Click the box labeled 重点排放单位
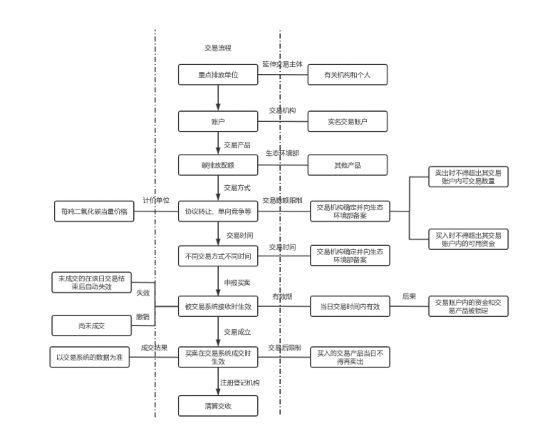click(x=218, y=75)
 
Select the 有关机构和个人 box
click(x=348, y=75)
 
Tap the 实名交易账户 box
click(x=348, y=122)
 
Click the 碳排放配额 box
click(x=218, y=165)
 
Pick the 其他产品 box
click(x=348, y=165)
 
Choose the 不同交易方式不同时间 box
click(x=218, y=256)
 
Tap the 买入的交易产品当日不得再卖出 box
click(x=351, y=357)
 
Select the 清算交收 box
click(x=218, y=406)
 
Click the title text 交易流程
click(x=218, y=48)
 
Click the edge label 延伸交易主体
click(x=282, y=63)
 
